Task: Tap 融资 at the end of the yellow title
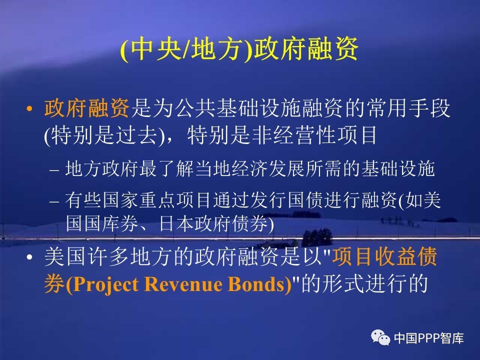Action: pos(332,49)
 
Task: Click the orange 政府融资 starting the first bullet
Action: pos(86,108)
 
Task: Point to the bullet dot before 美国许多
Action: pos(29,257)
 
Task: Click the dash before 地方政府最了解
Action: pos(54,170)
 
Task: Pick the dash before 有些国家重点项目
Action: pos(54,201)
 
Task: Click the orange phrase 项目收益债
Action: pos(384,256)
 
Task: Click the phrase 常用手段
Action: pos(408,108)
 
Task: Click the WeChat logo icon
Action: pos(380,337)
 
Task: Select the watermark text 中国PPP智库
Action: pos(429,338)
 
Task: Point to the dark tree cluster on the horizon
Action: pos(317,236)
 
